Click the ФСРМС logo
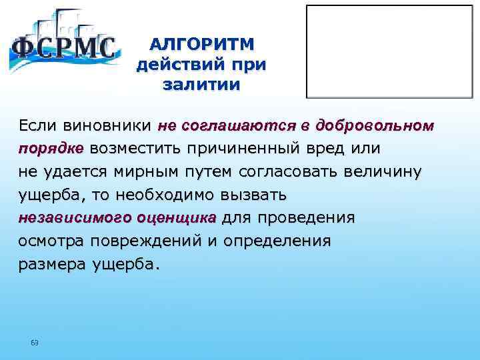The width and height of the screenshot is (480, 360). [64, 45]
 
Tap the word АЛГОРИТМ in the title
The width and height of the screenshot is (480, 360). [201, 45]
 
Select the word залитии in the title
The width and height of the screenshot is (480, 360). [201, 85]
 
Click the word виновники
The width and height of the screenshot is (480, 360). [107, 125]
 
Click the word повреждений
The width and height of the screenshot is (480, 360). [151, 241]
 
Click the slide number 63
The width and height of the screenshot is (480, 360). [35, 343]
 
